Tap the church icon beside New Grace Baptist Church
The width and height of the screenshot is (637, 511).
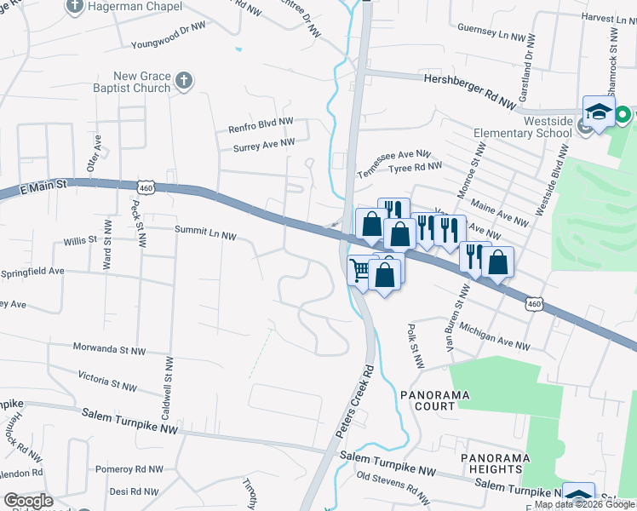183,82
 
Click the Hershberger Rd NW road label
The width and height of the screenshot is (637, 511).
469,90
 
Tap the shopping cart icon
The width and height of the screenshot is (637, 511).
360,271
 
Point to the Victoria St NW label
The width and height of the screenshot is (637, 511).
106,381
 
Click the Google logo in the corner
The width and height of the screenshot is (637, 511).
28,500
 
